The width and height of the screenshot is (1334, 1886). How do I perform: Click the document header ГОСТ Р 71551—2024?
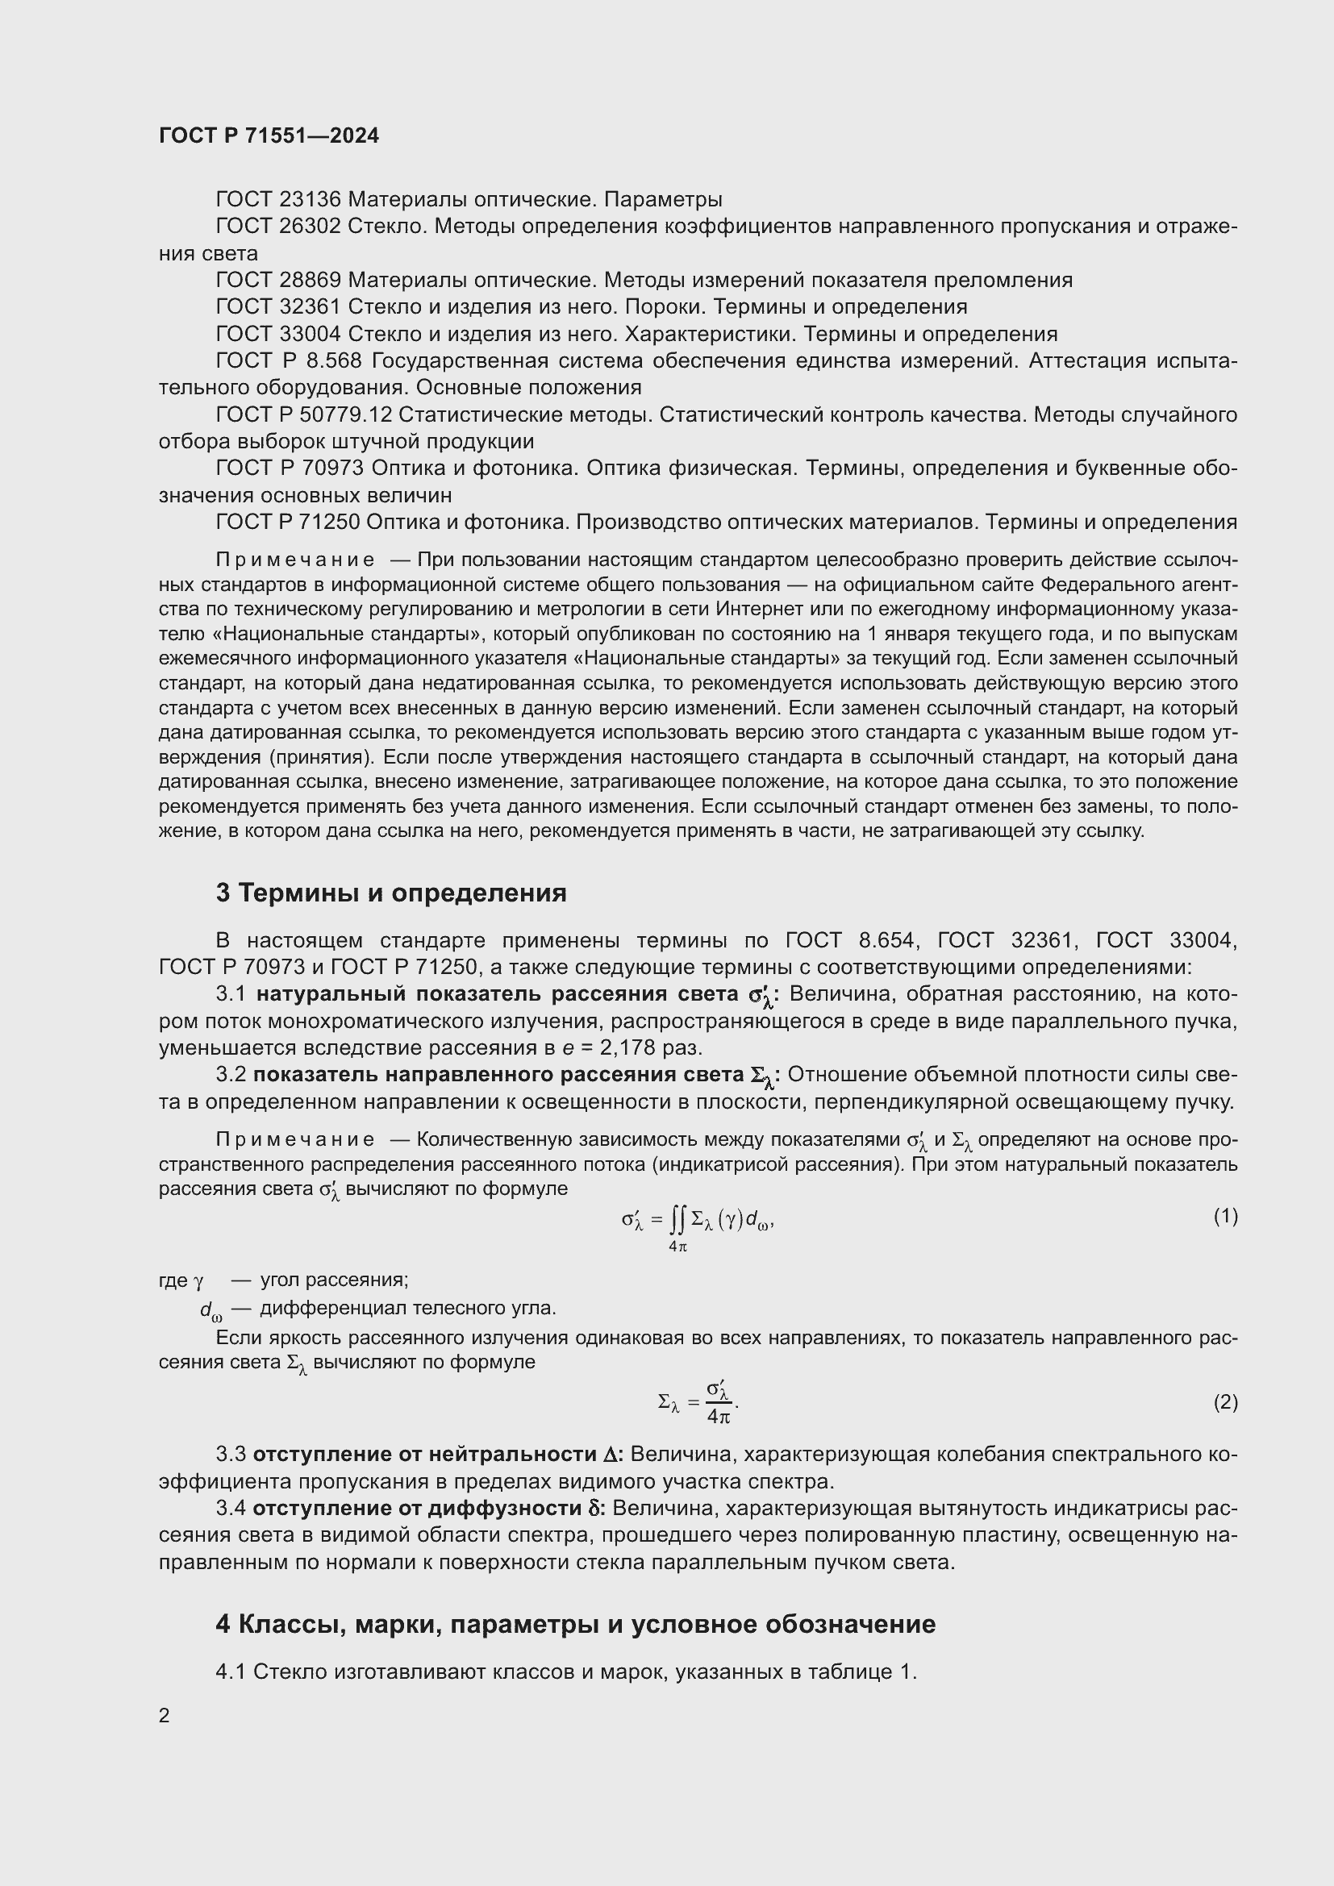269,136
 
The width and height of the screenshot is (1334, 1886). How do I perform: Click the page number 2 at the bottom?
165,1715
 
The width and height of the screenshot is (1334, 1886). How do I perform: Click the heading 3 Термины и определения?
391,893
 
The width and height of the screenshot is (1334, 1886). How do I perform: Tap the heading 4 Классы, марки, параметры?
575,1624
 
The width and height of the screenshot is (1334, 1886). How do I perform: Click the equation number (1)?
1225,1217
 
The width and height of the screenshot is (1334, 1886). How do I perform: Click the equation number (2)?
1225,1402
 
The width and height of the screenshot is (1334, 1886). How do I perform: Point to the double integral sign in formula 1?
676,1222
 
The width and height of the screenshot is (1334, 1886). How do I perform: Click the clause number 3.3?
231,1455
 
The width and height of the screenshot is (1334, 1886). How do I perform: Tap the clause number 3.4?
231,1508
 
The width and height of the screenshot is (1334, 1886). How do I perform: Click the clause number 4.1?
231,1672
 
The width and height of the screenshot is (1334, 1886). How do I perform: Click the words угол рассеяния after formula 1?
335,1280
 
